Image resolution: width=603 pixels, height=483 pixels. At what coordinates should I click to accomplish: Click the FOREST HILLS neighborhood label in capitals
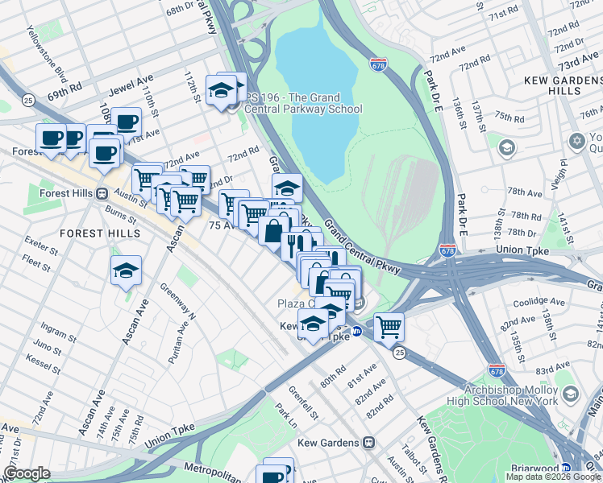pyautogui.click(x=100, y=233)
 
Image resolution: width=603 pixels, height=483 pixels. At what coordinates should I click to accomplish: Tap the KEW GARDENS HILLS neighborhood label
pyautogui.click(x=562, y=85)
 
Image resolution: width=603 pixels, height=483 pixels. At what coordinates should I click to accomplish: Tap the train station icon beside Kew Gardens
pyautogui.click(x=368, y=443)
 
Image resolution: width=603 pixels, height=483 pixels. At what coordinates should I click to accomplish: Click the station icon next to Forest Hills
pyautogui.click(x=102, y=193)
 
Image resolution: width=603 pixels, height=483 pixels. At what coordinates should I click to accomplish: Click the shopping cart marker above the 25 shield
pyautogui.click(x=389, y=327)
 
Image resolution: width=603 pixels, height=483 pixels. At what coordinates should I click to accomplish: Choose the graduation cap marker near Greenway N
pyautogui.click(x=126, y=272)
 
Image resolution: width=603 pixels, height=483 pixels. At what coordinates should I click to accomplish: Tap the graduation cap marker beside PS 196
pyautogui.click(x=220, y=90)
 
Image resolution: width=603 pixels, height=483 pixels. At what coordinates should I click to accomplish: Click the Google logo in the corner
pyautogui.click(x=27, y=473)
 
